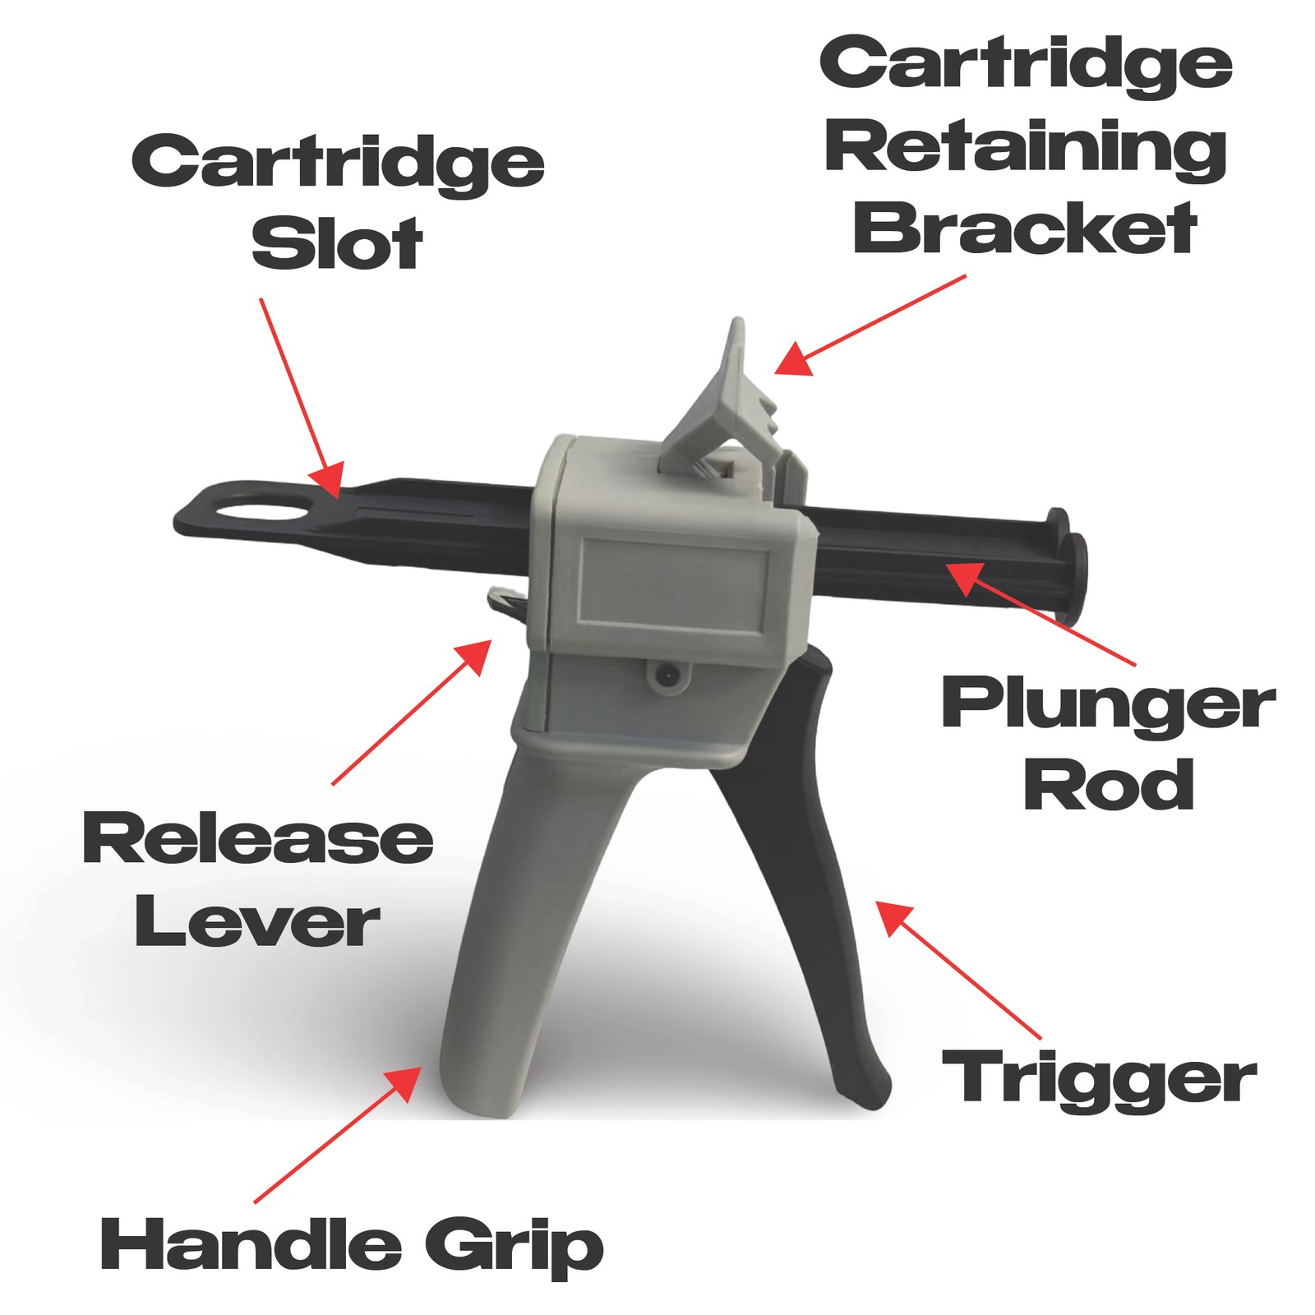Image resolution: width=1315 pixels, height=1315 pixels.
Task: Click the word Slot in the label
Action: pyautogui.click(x=337, y=244)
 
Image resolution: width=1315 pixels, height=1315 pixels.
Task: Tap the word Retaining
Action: pyautogui.click(x=1026, y=150)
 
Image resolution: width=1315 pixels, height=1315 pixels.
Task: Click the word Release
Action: pyautogui.click(x=258, y=837)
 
